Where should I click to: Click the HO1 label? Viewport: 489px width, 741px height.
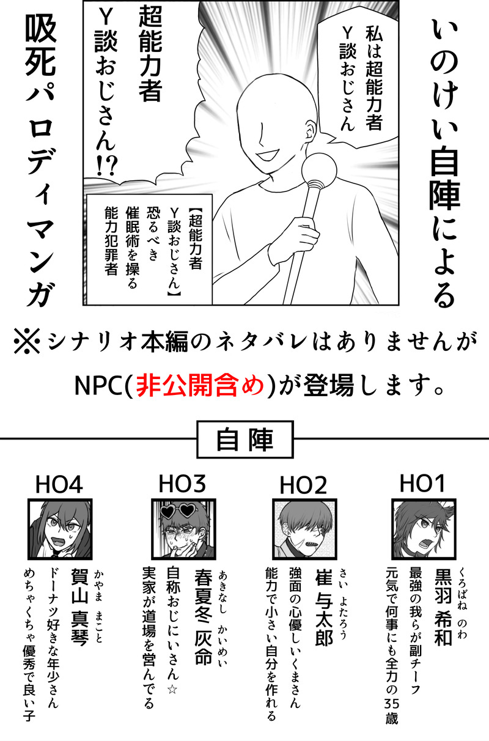point(422,484)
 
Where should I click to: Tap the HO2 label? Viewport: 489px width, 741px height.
point(303,485)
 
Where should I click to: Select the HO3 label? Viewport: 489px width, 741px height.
point(182,484)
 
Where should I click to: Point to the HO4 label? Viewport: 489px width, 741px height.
point(59,485)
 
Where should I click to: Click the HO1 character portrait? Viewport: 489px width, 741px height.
point(424,529)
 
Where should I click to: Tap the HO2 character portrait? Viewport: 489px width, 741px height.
point(304,529)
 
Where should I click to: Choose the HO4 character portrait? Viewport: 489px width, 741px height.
point(60,529)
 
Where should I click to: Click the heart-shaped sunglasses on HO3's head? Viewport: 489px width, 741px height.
point(177,511)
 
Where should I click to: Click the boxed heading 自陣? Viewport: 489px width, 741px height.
point(245,440)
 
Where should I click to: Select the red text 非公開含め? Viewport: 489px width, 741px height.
point(200,385)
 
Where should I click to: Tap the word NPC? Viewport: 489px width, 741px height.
point(98,386)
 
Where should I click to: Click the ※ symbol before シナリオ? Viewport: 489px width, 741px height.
point(27,341)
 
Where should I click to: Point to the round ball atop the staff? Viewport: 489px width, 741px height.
point(319,171)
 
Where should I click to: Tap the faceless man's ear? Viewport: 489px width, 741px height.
point(310,130)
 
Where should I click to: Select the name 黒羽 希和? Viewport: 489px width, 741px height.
point(443,608)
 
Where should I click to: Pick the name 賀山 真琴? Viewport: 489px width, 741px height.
point(79,608)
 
